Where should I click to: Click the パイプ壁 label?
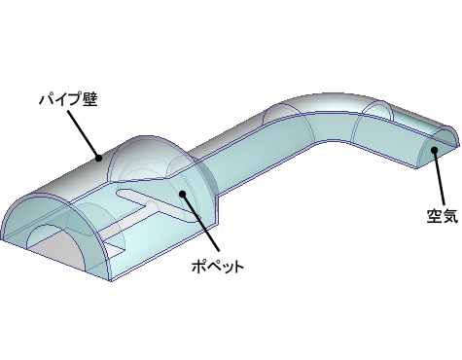click(65, 98)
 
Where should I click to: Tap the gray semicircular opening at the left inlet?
click(53, 239)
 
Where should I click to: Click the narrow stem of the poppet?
click(146, 202)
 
